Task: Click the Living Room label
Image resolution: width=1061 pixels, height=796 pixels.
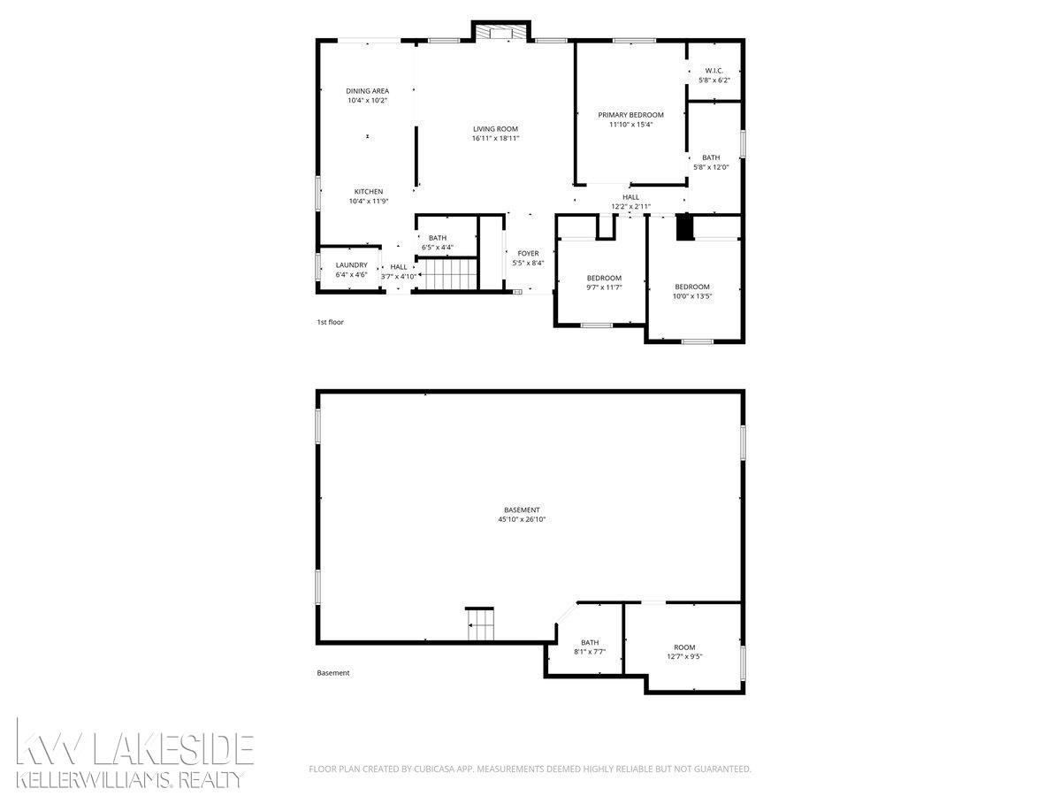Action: [495, 129]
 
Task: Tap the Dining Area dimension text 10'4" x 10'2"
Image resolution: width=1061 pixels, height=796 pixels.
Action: [367, 101]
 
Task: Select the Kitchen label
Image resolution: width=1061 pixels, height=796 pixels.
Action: [369, 192]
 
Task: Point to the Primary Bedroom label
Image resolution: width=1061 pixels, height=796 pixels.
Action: [630, 115]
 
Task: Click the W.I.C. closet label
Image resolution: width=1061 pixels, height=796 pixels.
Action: [714, 71]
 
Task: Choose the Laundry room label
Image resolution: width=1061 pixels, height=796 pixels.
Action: [351, 265]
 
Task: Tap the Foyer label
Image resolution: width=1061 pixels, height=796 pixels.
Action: [528, 254]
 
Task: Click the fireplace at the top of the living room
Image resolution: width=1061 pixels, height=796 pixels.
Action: [500, 33]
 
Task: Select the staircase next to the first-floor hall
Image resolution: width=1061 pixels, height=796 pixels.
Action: [447, 274]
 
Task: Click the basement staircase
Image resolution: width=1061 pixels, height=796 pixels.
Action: [480, 624]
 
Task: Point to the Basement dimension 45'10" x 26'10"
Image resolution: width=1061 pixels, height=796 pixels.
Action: [522, 519]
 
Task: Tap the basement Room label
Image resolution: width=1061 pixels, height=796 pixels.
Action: [684, 647]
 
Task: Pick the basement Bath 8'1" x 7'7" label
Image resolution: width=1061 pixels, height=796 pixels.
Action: [590, 647]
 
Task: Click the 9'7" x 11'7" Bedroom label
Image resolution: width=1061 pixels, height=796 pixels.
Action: [604, 283]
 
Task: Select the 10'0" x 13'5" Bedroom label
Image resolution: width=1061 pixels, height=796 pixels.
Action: [692, 292]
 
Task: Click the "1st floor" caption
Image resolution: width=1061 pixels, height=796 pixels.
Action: [330, 322]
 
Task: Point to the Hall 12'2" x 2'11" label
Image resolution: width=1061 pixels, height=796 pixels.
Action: [630, 202]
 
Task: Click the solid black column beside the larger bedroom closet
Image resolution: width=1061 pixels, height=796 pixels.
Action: [684, 227]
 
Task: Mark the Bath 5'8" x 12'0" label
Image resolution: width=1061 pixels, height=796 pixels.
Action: [711, 163]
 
